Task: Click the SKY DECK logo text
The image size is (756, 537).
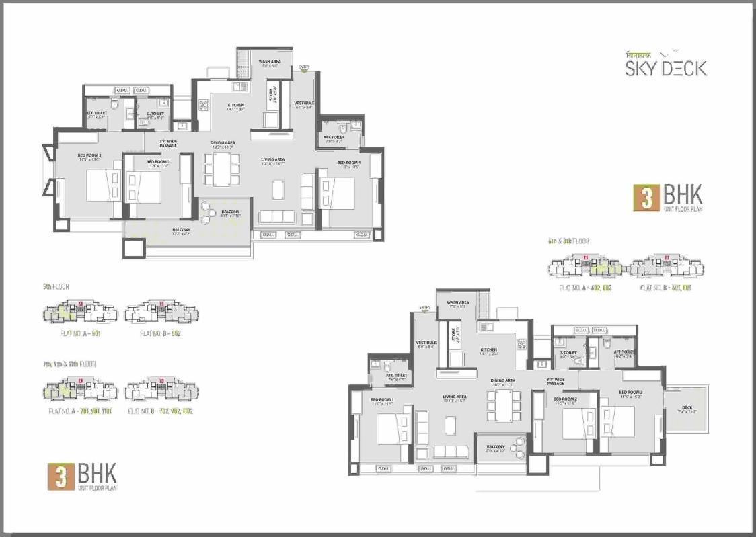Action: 666,68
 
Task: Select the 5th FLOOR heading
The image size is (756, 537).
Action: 56,286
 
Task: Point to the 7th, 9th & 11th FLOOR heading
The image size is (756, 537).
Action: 69,364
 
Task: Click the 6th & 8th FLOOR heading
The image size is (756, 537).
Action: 574,239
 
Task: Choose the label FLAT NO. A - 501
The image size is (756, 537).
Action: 79,333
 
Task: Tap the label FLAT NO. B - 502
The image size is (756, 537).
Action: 161,333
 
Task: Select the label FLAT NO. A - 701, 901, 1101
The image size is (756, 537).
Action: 80,410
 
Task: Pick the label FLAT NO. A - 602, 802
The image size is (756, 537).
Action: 587,287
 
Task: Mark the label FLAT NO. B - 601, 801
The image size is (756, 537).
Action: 666,287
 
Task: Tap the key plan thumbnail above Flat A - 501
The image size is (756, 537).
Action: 80,313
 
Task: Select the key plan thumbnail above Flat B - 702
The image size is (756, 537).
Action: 161,390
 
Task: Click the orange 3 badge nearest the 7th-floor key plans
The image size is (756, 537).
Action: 61,475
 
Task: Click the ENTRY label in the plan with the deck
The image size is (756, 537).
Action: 424,308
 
